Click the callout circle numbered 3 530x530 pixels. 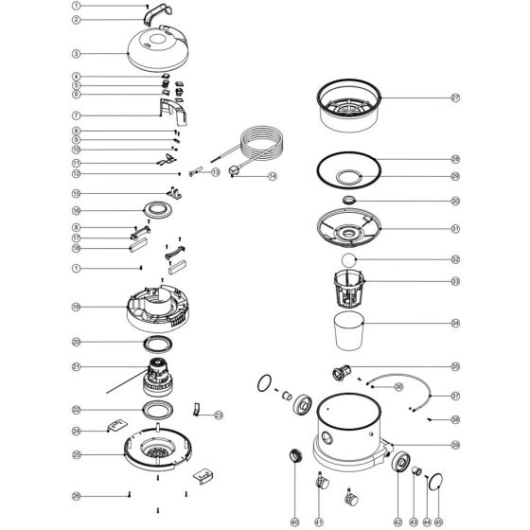coord(76,54)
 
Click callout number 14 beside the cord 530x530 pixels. coord(273,177)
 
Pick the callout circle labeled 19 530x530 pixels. coord(76,307)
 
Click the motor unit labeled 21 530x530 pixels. coord(156,375)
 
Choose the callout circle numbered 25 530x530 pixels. coord(76,454)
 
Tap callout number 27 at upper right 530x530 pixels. coord(454,97)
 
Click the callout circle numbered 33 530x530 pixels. coord(454,281)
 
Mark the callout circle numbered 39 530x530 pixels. coord(454,444)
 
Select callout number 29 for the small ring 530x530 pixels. coord(454,177)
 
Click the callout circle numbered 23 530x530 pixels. coord(219,414)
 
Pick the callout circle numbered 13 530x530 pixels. coord(215,172)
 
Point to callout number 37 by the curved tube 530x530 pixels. coord(454,396)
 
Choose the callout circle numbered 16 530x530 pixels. coord(76,210)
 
